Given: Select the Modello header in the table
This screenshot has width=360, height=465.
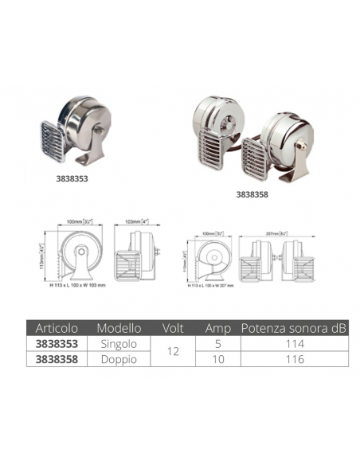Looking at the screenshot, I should tap(119, 327).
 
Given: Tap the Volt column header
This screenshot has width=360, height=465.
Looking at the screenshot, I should tap(173, 327).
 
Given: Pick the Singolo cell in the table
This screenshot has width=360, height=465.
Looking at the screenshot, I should tap(119, 344).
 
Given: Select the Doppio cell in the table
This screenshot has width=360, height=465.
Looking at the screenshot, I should tap(119, 359).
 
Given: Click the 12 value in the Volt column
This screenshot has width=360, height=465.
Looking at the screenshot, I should tap(173, 351).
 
